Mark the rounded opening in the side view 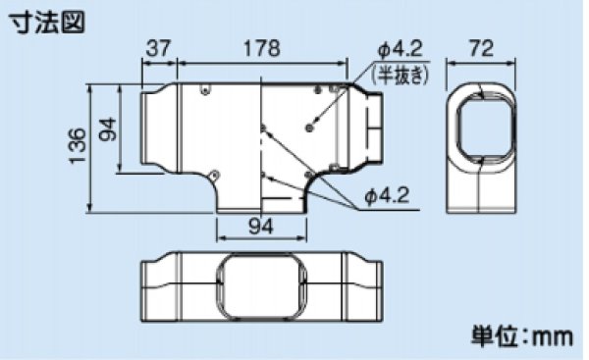pos(482,127)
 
